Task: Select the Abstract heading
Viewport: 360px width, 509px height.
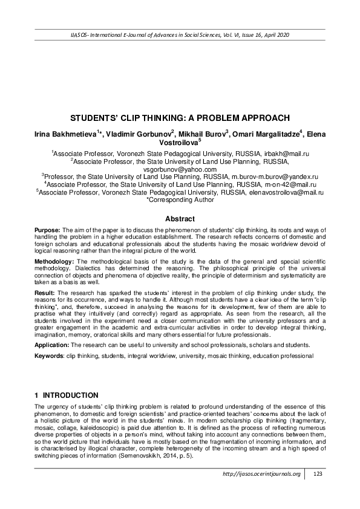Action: click(x=180, y=219)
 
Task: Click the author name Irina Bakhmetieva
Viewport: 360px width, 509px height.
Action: click(x=65, y=133)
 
